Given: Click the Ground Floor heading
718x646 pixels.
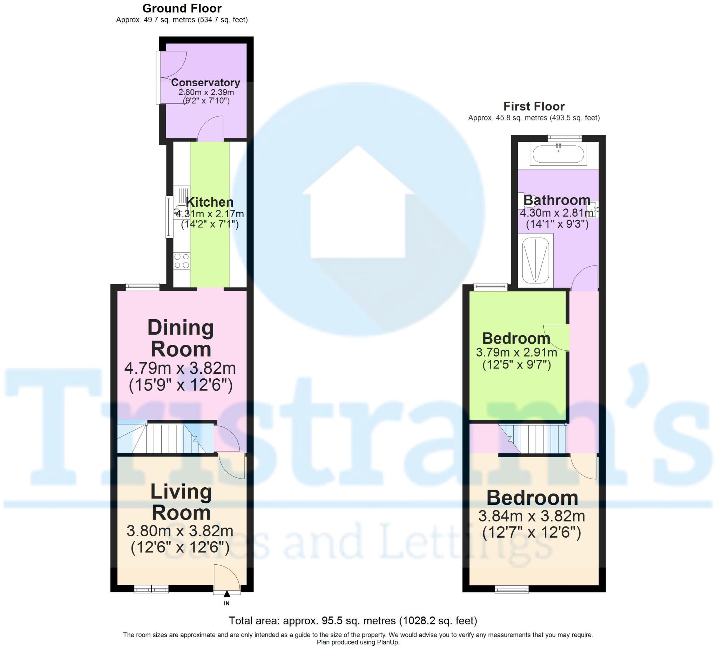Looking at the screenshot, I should pos(182,8).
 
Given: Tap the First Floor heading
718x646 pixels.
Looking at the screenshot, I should pos(534,106).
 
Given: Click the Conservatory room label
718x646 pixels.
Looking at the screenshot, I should pos(205,82).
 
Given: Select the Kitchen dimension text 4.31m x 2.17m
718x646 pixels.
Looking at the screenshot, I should pos(210,214).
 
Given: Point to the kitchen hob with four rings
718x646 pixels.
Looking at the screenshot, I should pos(182,261).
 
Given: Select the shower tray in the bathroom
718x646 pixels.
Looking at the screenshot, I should pos(535,261).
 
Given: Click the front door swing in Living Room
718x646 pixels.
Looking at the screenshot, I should pos(225,577).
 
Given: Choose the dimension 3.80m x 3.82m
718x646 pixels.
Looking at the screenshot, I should pos(180,531).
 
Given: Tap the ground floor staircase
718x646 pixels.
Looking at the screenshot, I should pos(165,439).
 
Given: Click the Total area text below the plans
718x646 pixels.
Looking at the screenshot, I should pos(352,620).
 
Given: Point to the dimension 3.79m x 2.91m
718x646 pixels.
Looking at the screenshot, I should pos(516,352).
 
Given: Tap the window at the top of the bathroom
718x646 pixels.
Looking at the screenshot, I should pos(564,137).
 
